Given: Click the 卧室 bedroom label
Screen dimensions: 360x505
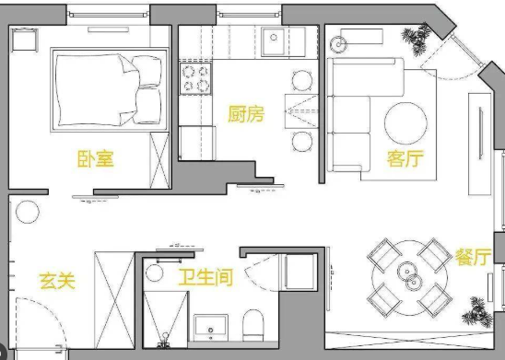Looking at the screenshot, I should tap(95, 159).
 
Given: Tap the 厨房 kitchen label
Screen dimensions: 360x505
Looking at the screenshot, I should tap(246, 114).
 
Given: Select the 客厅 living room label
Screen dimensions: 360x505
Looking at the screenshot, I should tap(405, 159).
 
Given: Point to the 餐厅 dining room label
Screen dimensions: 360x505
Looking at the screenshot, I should tap(472, 258).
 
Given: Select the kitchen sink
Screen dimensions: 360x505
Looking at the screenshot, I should tap(274, 41).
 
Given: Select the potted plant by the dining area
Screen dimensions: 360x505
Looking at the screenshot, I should tap(477, 308).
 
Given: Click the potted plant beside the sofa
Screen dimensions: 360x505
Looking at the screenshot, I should tap(417, 38).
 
